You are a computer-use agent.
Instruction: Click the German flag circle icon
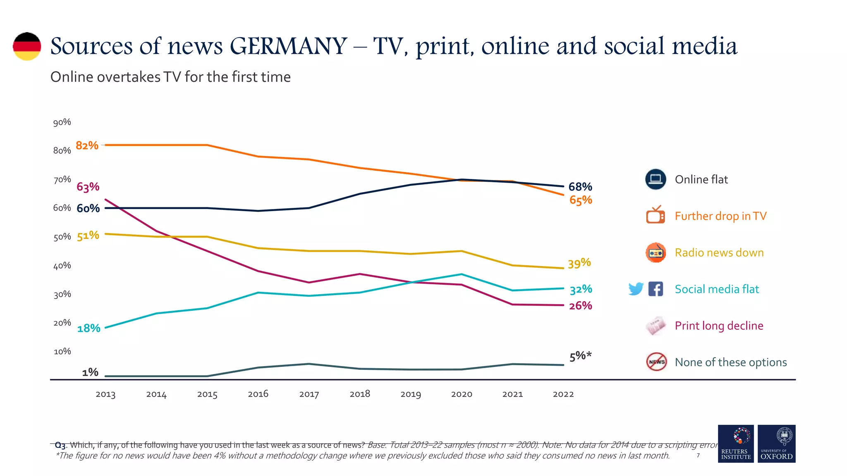[x=27, y=46]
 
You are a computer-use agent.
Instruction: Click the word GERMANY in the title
[x=288, y=46]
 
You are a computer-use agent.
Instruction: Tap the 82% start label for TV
[x=87, y=145]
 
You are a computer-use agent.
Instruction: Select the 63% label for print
[x=88, y=187]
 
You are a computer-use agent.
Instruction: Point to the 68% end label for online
[x=580, y=187]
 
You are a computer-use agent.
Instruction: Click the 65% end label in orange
[x=580, y=200]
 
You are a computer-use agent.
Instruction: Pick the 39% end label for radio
[x=579, y=263]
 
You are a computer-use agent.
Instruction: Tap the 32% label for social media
[x=580, y=289]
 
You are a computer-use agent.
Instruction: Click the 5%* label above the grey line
[x=580, y=356]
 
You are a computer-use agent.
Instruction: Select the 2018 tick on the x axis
[x=360, y=394]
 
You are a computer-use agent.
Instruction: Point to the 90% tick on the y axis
[x=62, y=122]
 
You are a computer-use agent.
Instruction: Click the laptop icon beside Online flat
[x=656, y=179]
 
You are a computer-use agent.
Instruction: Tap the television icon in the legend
[x=656, y=215]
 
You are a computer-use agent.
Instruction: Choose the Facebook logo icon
[x=656, y=289]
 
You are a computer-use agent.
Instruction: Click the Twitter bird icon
[x=636, y=289]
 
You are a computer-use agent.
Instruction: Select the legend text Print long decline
[x=719, y=326]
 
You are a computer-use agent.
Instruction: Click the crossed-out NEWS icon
[x=656, y=362]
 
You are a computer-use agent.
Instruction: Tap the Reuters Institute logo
[x=736, y=443]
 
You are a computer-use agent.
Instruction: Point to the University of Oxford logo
[x=776, y=443]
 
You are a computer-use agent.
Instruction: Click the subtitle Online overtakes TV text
[x=170, y=77]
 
